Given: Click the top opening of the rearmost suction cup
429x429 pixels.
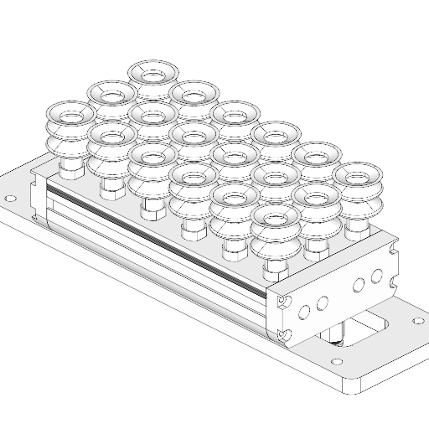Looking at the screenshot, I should pyautogui.click(x=152, y=73).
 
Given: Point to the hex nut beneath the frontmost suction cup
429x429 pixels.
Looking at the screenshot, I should pyautogui.click(x=275, y=268).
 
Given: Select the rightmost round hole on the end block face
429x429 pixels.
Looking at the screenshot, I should pyautogui.click(x=376, y=275).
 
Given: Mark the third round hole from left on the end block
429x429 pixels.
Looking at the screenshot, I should pyautogui.click(x=359, y=285).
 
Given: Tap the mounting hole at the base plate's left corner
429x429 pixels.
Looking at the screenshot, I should pyautogui.click(x=10, y=199).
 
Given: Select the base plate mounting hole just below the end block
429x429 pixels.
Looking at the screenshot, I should pyautogui.click(x=337, y=363).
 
